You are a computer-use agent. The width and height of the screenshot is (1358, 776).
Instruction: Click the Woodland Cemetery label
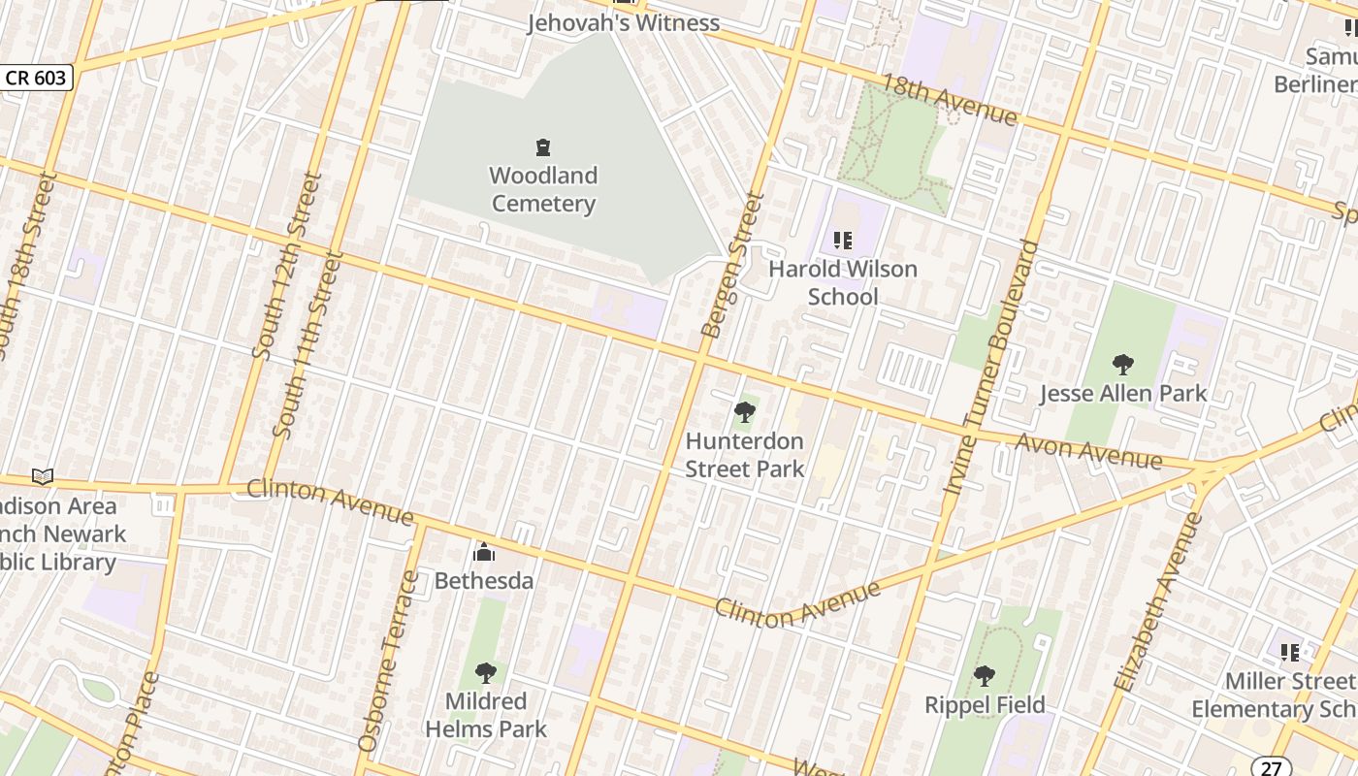pyautogui.click(x=543, y=190)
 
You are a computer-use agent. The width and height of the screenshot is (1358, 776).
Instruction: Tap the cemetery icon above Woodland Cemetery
pyautogui.click(x=543, y=148)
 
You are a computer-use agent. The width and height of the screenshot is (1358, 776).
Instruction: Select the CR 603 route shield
pyautogui.click(x=36, y=78)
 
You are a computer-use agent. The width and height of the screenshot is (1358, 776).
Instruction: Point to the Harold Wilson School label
pyautogui.click(x=843, y=282)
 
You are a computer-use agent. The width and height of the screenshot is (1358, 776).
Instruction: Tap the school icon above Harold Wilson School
pyautogui.click(x=843, y=240)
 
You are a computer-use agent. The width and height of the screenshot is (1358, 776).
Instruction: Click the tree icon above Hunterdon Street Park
pyautogui.click(x=745, y=412)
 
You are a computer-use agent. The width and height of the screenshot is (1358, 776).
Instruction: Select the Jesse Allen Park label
pyautogui.click(x=1123, y=393)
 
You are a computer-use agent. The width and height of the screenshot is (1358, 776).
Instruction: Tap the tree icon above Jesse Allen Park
pyautogui.click(x=1123, y=365)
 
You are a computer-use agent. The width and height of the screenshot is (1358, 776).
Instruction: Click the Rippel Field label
pyautogui.click(x=985, y=705)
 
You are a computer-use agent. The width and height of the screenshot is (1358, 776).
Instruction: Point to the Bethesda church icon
pyautogui.click(x=483, y=553)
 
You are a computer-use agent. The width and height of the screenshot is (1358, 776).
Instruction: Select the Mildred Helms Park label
pyautogui.click(x=486, y=715)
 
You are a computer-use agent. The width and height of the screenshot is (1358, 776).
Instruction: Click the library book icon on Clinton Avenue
pyautogui.click(x=43, y=476)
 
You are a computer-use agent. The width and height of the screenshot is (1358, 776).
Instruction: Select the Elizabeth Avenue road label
pyautogui.click(x=1158, y=601)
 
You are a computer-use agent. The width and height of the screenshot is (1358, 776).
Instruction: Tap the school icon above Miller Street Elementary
pyautogui.click(x=1289, y=652)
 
